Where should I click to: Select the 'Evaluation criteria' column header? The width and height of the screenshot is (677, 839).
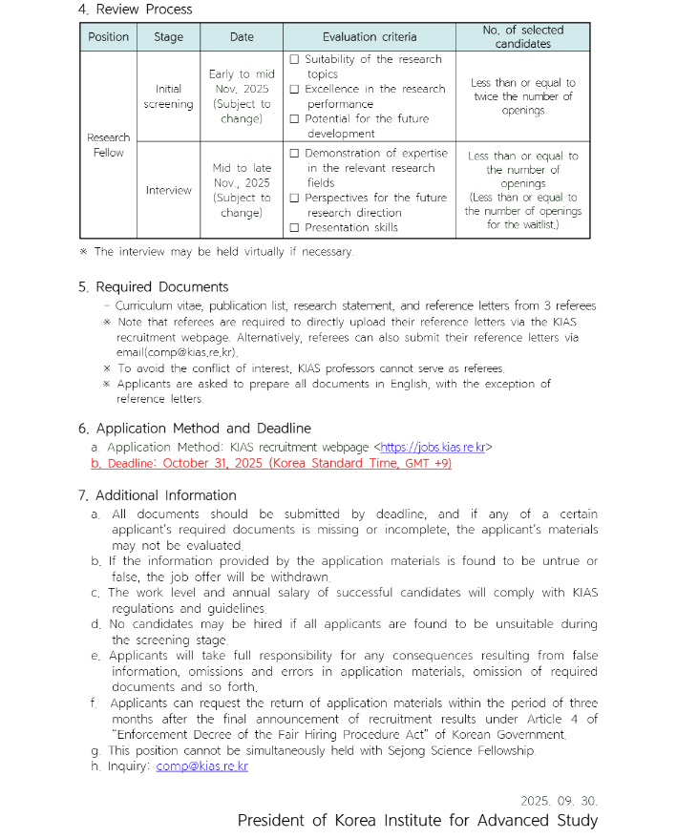pos(369,37)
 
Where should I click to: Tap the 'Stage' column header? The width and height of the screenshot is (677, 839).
pos(168,37)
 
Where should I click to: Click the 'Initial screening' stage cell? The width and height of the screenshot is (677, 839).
pos(168,96)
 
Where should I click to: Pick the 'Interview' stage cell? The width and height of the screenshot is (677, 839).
pos(168,190)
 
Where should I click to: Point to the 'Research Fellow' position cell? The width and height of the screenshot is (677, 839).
pos(108,145)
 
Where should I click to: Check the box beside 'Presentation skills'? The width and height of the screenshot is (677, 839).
pos(294,227)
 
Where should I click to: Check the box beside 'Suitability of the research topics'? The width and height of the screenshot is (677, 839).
pos(294,59)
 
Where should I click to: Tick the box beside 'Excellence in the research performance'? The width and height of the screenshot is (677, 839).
pos(294,89)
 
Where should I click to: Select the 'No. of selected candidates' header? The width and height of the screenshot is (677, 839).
pos(522,37)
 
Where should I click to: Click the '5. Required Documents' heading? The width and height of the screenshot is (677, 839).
pos(153,286)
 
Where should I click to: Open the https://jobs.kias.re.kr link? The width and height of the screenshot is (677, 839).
pos(433,447)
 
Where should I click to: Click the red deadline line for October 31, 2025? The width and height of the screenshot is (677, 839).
pos(271,463)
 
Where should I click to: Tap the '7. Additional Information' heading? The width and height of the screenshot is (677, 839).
pos(157,495)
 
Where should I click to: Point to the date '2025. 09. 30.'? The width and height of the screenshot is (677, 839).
pos(559,800)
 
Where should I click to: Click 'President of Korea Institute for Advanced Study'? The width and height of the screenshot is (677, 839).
pos(417,821)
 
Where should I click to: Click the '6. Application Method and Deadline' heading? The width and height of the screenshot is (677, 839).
pos(194,429)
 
